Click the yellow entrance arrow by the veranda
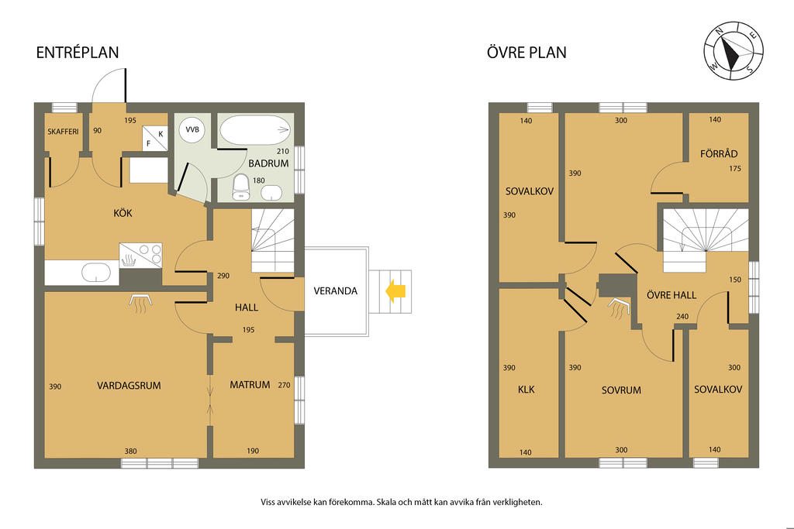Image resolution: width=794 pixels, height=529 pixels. pos(395,292)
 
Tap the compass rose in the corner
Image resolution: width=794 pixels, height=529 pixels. pos(734,50)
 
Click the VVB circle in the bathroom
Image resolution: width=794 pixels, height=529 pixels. pos(192,130)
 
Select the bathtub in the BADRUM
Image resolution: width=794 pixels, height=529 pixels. pos(254,130)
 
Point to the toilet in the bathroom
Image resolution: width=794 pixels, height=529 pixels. pos(241,187)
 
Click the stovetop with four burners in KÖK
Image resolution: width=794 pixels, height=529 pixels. pos(141,255)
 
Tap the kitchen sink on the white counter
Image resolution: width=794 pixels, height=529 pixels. pos(96,272)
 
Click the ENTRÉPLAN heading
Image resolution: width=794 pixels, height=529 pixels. pos(78,53)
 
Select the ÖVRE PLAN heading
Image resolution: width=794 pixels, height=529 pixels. pos(526,52)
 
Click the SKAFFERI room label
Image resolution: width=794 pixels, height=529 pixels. pos(64,132)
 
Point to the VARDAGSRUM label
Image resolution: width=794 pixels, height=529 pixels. pos(129,386)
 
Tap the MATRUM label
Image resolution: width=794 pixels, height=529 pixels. pos(250,385)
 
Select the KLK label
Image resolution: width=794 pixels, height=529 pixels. pos(526,390)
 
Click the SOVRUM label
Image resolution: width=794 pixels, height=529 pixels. pos(621,390)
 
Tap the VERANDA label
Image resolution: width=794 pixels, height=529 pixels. pos(335,290)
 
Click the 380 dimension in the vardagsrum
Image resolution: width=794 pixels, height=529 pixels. pos(130,451)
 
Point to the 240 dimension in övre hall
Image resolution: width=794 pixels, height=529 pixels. pos(682,317)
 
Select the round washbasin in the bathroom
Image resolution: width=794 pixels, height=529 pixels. pos(272,193)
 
